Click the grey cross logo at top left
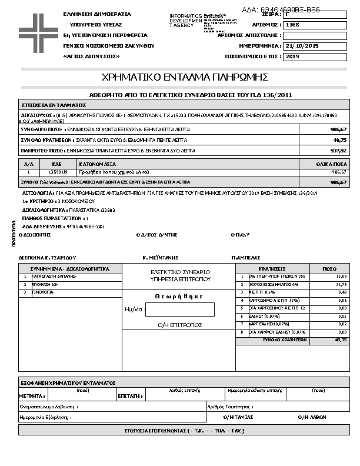click(36, 29)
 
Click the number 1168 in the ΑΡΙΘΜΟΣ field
click(292, 26)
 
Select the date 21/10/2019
click(301, 46)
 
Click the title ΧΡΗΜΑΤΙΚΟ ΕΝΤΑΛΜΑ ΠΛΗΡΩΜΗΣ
click(185, 77)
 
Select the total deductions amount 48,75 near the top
click(340, 141)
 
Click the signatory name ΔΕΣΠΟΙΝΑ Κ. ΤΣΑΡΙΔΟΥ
click(48, 257)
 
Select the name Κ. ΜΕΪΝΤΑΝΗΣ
click(160, 257)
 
